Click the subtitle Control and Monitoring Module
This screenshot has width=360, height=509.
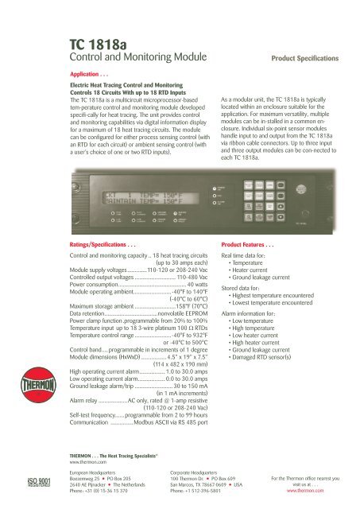point(124,60)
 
